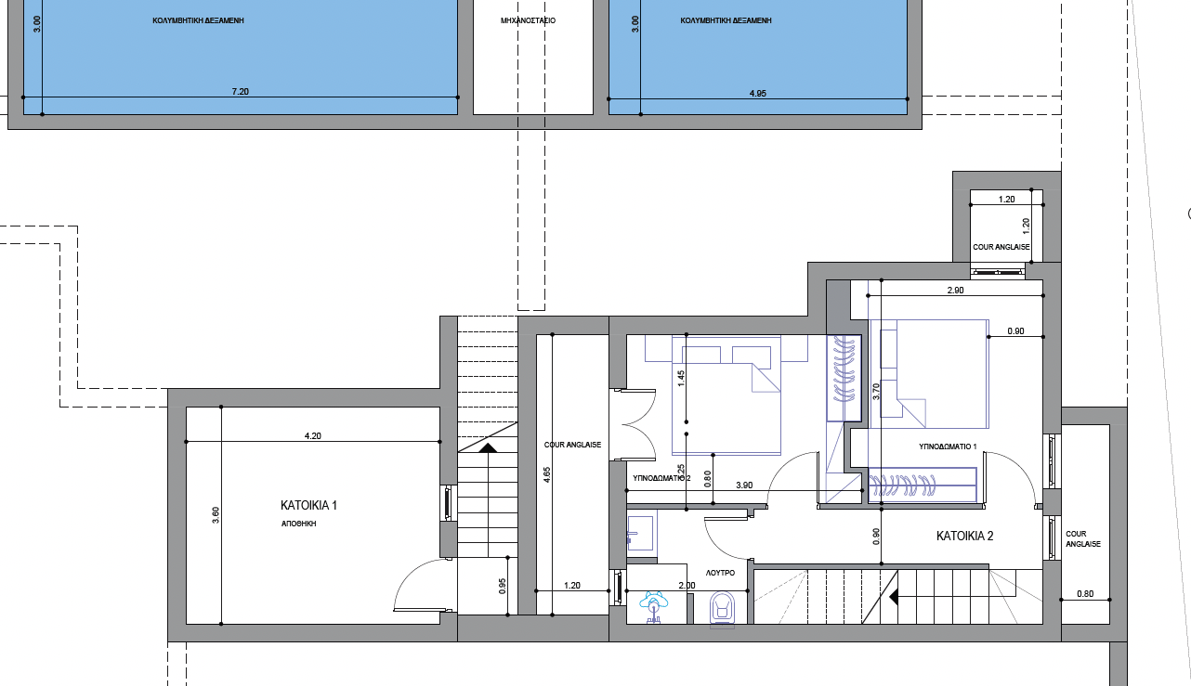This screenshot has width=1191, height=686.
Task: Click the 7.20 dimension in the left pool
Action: click(240, 92)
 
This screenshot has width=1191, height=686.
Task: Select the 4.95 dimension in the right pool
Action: click(758, 93)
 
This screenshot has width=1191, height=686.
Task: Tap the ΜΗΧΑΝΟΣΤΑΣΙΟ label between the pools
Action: click(528, 19)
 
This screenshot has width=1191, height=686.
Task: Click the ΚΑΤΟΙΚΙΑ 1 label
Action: click(308, 506)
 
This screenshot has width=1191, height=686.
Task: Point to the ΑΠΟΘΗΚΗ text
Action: click(300, 524)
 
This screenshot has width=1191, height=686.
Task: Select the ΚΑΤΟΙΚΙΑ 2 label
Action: click(965, 537)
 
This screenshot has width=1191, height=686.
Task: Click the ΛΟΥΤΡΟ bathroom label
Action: click(720, 573)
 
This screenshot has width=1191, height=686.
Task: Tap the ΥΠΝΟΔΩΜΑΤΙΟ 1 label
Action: click(948, 447)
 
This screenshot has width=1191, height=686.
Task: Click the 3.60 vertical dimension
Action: click(216, 516)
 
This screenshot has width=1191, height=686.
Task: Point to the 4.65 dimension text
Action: click(546, 474)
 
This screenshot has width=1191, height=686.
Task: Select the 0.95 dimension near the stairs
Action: click(502, 586)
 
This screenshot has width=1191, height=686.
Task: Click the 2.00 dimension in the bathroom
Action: click(687, 586)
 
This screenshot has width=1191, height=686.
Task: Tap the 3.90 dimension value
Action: click(744, 485)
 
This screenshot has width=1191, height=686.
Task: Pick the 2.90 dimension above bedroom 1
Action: click(955, 291)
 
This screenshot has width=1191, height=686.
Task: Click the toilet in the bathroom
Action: click(722, 610)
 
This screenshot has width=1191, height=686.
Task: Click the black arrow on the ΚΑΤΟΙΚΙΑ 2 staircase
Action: click(893, 597)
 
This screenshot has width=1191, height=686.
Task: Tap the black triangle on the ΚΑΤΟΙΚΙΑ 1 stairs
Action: click(488, 447)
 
